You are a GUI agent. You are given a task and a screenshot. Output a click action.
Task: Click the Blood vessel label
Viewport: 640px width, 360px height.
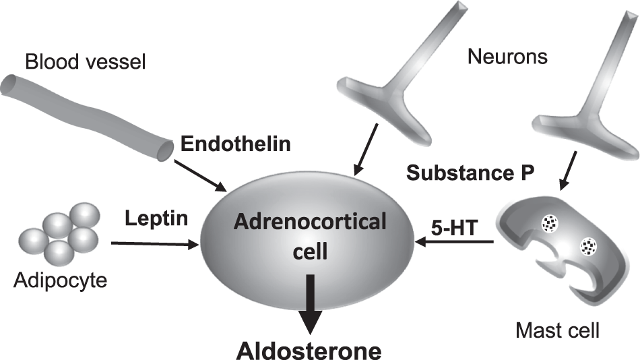(86, 63)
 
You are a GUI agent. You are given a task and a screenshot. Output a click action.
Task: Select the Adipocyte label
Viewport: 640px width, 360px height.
(61, 278)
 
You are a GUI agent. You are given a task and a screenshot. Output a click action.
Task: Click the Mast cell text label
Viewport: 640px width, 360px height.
(557, 330)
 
